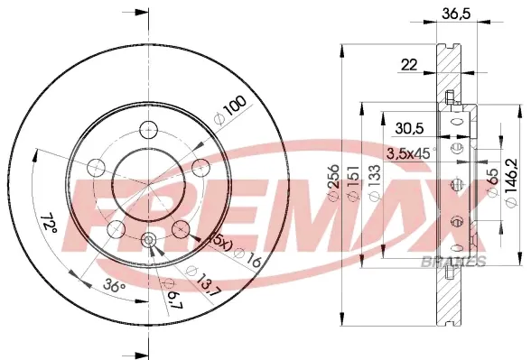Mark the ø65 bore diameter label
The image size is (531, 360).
tap(493, 186)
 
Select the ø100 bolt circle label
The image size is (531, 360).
tap(231, 110)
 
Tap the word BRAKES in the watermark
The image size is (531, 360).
tap(453, 263)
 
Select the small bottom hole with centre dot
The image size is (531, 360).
tap(150, 240)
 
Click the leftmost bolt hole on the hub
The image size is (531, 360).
tap(95, 167)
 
